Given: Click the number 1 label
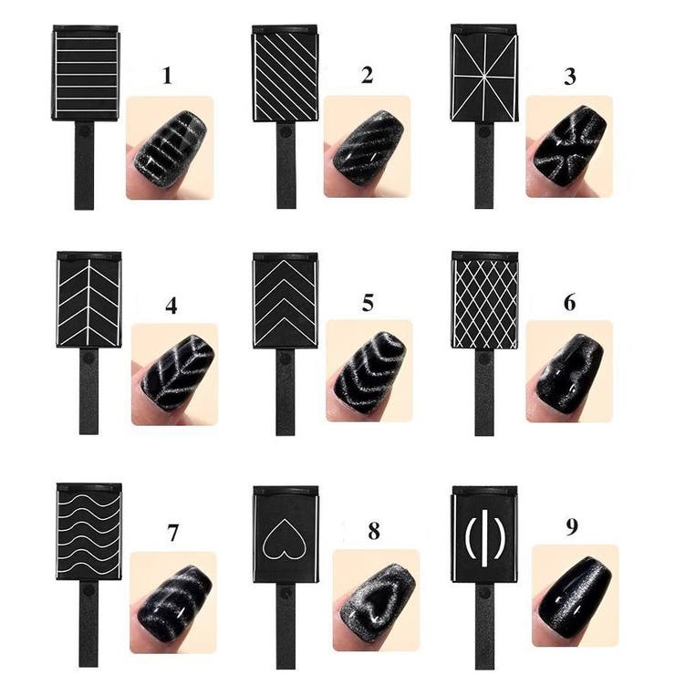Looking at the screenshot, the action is point(167,76).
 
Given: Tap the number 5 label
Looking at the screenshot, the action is point(368,303).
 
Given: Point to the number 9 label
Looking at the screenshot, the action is point(571,527).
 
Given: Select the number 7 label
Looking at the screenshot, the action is point(172,533).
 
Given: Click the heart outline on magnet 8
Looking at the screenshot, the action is point(285,538).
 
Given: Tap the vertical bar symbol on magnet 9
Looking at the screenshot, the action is point(484,537).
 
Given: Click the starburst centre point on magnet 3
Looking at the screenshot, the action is point(483,77).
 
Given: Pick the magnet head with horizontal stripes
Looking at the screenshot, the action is point(86,73).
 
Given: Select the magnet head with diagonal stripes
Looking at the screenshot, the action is point(285,73).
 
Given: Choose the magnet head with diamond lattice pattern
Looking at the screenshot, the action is point(484,300).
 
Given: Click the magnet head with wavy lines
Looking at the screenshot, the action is point(89,532).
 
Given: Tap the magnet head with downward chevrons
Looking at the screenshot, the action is point(286,300).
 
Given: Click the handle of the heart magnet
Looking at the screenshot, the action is point(285,627).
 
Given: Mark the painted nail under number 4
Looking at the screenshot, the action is point(178,372).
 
